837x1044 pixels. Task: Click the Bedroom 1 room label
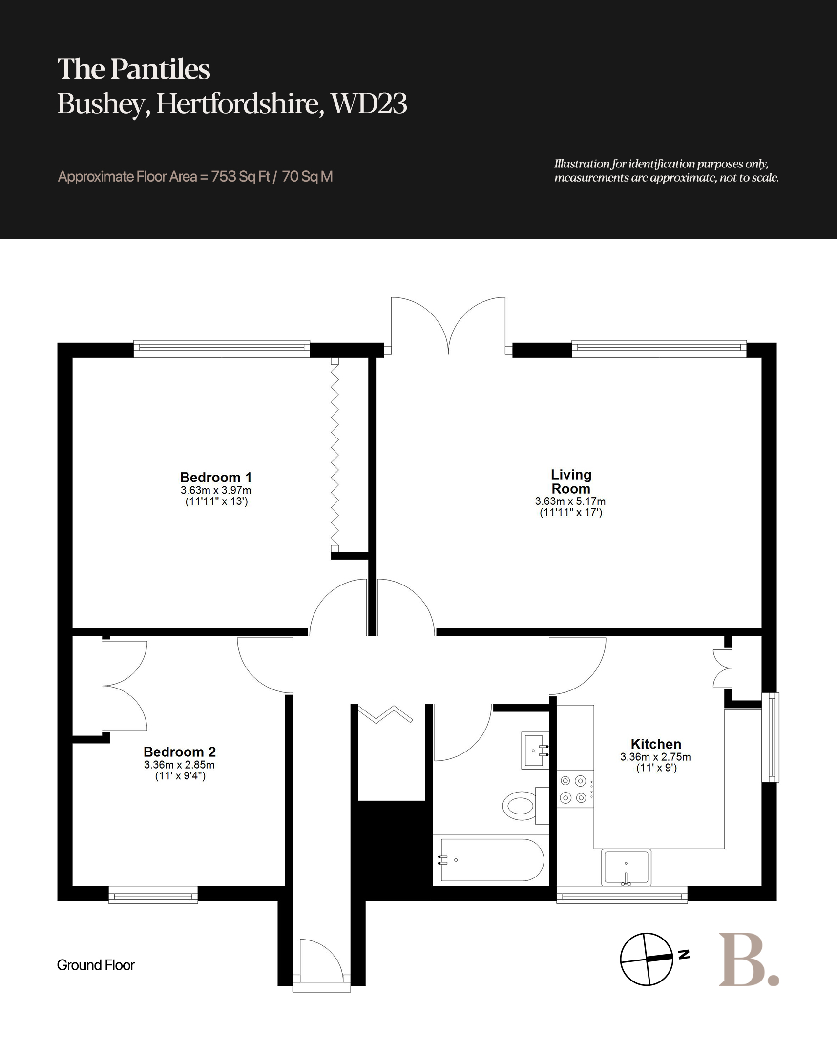216,477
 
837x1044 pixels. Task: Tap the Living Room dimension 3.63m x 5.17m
570,501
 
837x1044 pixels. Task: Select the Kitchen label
656,744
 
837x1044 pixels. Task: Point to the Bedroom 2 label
180,752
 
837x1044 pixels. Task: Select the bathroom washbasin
535,751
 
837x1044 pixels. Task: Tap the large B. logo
749,960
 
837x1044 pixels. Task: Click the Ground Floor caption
96,965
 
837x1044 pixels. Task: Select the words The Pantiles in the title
134,69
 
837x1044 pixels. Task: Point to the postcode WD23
369,104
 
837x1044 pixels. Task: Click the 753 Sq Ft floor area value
241,176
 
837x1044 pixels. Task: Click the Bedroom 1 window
222,348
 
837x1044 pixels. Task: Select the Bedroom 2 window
153,895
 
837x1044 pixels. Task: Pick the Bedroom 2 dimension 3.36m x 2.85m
179,765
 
